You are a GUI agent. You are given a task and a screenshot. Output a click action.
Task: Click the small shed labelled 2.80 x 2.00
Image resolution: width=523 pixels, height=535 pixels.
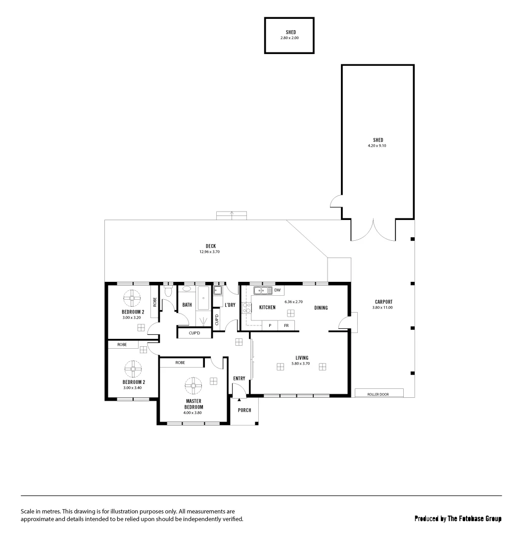tap(289, 35)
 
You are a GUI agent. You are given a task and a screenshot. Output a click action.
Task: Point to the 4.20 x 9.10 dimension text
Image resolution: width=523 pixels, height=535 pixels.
tap(378, 146)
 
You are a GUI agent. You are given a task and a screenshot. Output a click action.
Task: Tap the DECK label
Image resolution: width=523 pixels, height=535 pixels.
tap(211, 246)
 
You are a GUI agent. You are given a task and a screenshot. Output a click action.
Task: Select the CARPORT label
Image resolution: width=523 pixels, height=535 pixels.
tap(383, 302)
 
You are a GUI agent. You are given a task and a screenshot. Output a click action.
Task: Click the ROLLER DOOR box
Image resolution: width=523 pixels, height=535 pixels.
tap(379, 393)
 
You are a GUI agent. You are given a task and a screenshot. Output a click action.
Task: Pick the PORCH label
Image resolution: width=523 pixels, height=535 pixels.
tap(244, 410)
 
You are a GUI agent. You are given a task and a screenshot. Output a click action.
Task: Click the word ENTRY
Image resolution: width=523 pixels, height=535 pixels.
tap(239, 378)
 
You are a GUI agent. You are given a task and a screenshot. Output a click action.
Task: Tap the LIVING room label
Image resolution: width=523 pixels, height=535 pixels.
tap(302, 358)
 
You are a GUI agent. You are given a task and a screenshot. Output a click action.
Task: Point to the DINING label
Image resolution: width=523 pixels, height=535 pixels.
tap(321, 308)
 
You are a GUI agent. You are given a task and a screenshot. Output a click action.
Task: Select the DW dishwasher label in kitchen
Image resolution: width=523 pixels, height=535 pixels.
tap(277, 290)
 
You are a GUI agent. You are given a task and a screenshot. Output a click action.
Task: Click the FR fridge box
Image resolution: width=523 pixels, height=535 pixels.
tap(286, 325)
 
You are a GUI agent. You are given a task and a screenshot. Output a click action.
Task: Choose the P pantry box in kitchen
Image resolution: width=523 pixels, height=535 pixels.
tap(270, 325)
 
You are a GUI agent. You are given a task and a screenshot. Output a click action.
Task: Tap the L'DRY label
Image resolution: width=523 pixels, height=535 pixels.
tap(230, 305)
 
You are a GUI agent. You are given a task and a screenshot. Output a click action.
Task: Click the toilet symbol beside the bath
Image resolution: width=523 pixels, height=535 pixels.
tap(168, 291)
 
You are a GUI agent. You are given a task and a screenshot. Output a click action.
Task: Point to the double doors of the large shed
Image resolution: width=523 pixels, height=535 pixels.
tap(374, 230)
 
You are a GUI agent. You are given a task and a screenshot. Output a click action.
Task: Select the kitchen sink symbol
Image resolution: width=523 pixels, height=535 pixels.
tap(260, 290)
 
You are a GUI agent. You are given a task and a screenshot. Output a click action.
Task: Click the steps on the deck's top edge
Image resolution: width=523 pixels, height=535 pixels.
tap(232, 215)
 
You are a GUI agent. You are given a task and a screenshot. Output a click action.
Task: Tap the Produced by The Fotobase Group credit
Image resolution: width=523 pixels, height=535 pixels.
tap(458, 519)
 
